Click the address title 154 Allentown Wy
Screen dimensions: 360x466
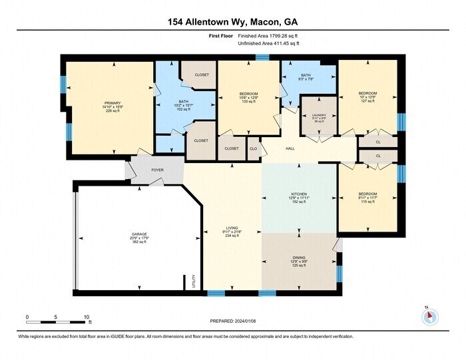[x=233, y=21]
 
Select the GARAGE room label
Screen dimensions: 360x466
[x=139, y=234]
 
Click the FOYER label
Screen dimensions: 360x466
[x=157, y=170]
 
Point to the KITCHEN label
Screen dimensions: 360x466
[x=298, y=194]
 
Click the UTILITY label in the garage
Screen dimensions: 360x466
[x=194, y=279]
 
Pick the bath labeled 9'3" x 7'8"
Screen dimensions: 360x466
[x=306, y=77]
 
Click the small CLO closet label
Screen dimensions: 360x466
[x=254, y=148]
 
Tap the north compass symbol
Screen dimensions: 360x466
[x=429, y=317]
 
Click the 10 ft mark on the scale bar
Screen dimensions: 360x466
[x=87, y=317]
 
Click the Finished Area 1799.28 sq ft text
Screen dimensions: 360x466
[x=269, y=36]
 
